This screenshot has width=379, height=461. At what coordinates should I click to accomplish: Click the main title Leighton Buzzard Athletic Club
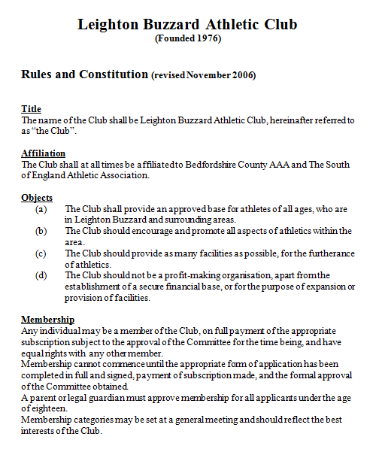point(187,25)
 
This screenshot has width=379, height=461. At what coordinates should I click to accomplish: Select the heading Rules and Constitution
point(84,74)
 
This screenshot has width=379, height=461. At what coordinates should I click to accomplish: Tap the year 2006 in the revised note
point(243,75)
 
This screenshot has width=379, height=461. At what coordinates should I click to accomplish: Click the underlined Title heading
point(31,109)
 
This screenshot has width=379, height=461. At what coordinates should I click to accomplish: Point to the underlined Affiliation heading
point(44,153)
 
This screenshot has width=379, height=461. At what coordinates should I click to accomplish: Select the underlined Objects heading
point(36,197)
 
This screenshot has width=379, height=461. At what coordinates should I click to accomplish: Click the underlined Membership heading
point(47,319)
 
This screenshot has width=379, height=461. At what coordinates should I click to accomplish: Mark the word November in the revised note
point(206,75)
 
